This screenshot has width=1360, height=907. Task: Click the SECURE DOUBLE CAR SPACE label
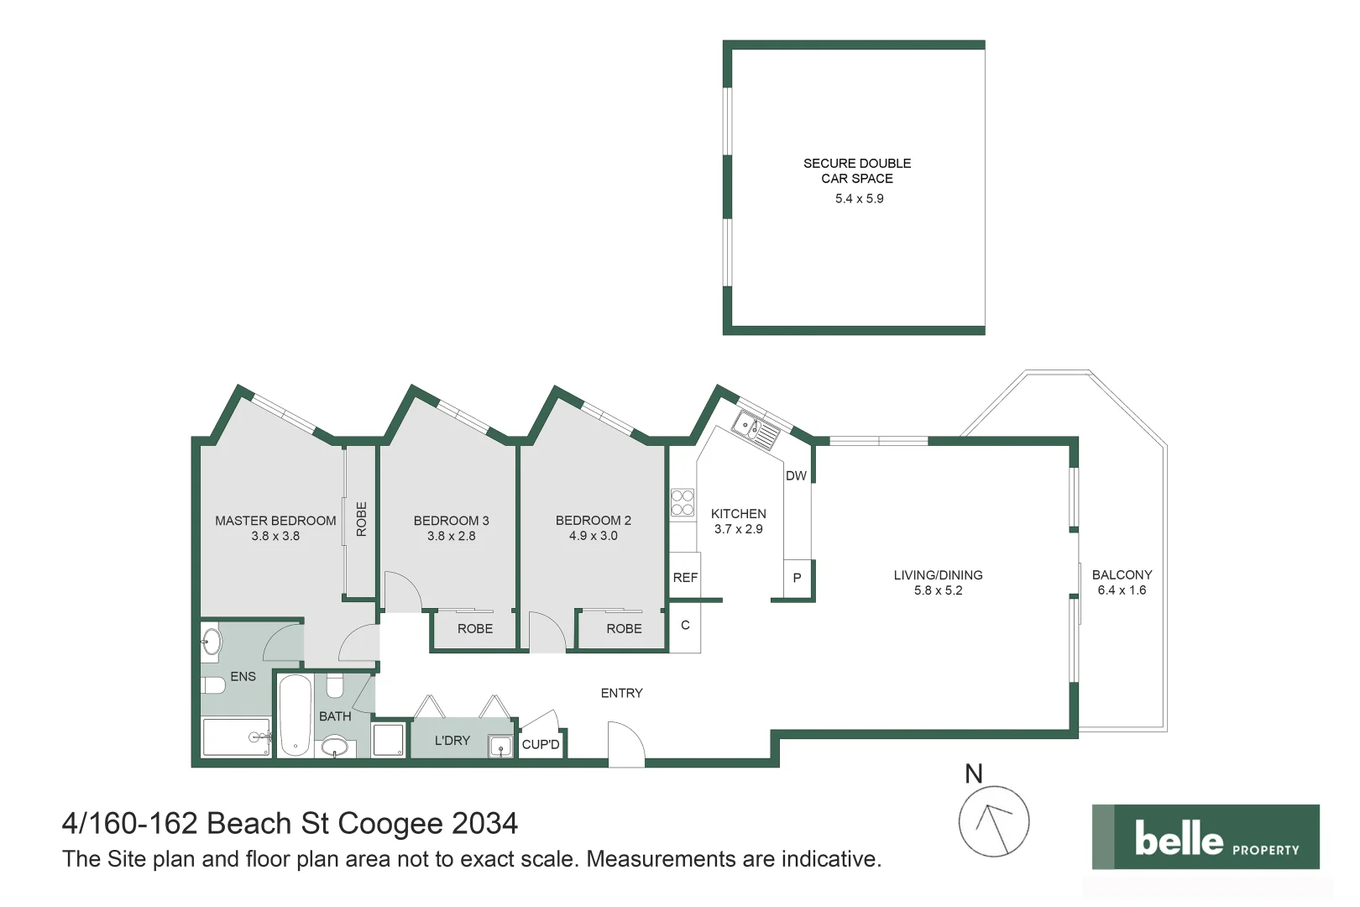(856, 170)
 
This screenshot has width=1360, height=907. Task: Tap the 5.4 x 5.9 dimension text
(859, 199)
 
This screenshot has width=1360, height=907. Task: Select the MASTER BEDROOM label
(275, 521)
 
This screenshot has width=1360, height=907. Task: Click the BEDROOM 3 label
(451, 521)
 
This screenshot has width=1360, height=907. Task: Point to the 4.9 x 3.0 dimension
(593, 536)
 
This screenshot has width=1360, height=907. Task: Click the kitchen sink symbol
(756, 429)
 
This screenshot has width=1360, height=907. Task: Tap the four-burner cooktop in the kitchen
(683, 503)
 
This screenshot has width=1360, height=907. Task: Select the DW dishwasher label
(796, 476)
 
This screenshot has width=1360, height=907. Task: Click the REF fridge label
(685, 578)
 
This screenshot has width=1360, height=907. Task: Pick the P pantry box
(797, 578)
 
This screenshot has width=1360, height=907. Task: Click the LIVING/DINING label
(938, 575)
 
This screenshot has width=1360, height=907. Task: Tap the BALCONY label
(1122, 575)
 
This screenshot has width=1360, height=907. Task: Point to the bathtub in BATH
(296, 716)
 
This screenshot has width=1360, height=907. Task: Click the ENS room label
(243, 677)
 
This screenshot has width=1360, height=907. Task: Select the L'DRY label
(452, 741)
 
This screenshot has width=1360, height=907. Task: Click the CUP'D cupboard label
(541, 745)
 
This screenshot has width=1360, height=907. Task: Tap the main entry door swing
(625, 742)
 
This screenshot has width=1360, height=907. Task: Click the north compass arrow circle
(994, 821)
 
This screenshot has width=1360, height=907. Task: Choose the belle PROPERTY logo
(1206, 837)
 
